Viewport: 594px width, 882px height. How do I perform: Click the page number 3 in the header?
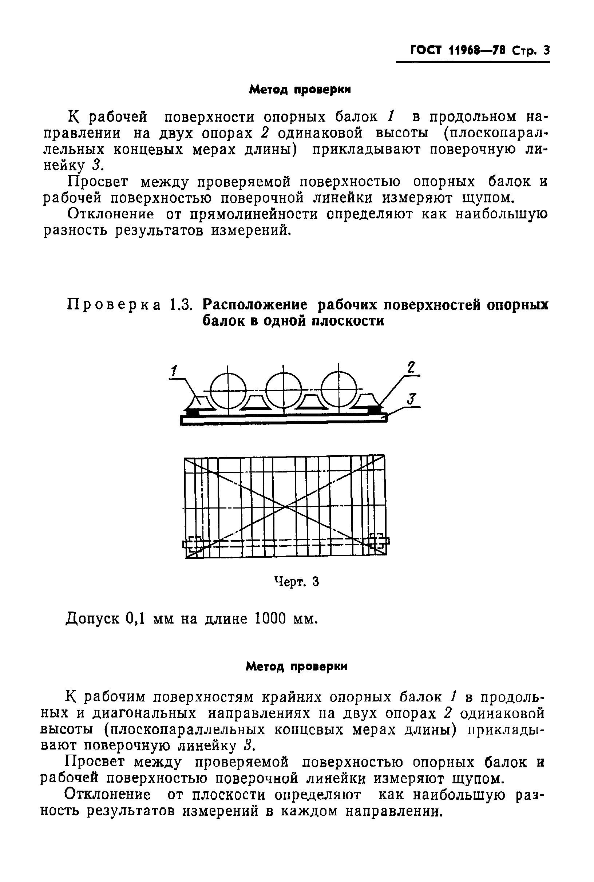point(546,50)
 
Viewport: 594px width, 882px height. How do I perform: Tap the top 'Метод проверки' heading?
point(300,90)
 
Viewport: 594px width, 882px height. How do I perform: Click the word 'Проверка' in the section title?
point(114,304)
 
